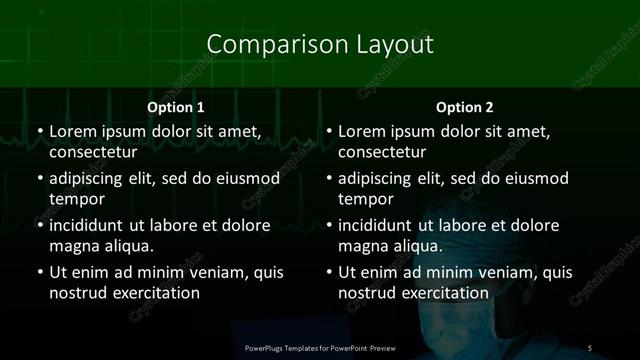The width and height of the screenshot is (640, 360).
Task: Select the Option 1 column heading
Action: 176,107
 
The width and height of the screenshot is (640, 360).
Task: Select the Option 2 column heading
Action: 465,107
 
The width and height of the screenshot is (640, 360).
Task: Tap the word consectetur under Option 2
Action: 382,153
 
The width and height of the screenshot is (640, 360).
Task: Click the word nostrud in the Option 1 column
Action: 76,293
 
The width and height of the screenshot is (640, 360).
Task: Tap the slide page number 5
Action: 590,347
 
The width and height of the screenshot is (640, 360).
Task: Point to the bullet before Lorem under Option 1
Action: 38,132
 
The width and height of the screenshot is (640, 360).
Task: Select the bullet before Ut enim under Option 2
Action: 328,272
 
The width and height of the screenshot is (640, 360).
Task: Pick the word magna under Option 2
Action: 364,246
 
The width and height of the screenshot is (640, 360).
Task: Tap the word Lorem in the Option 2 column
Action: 363,132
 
